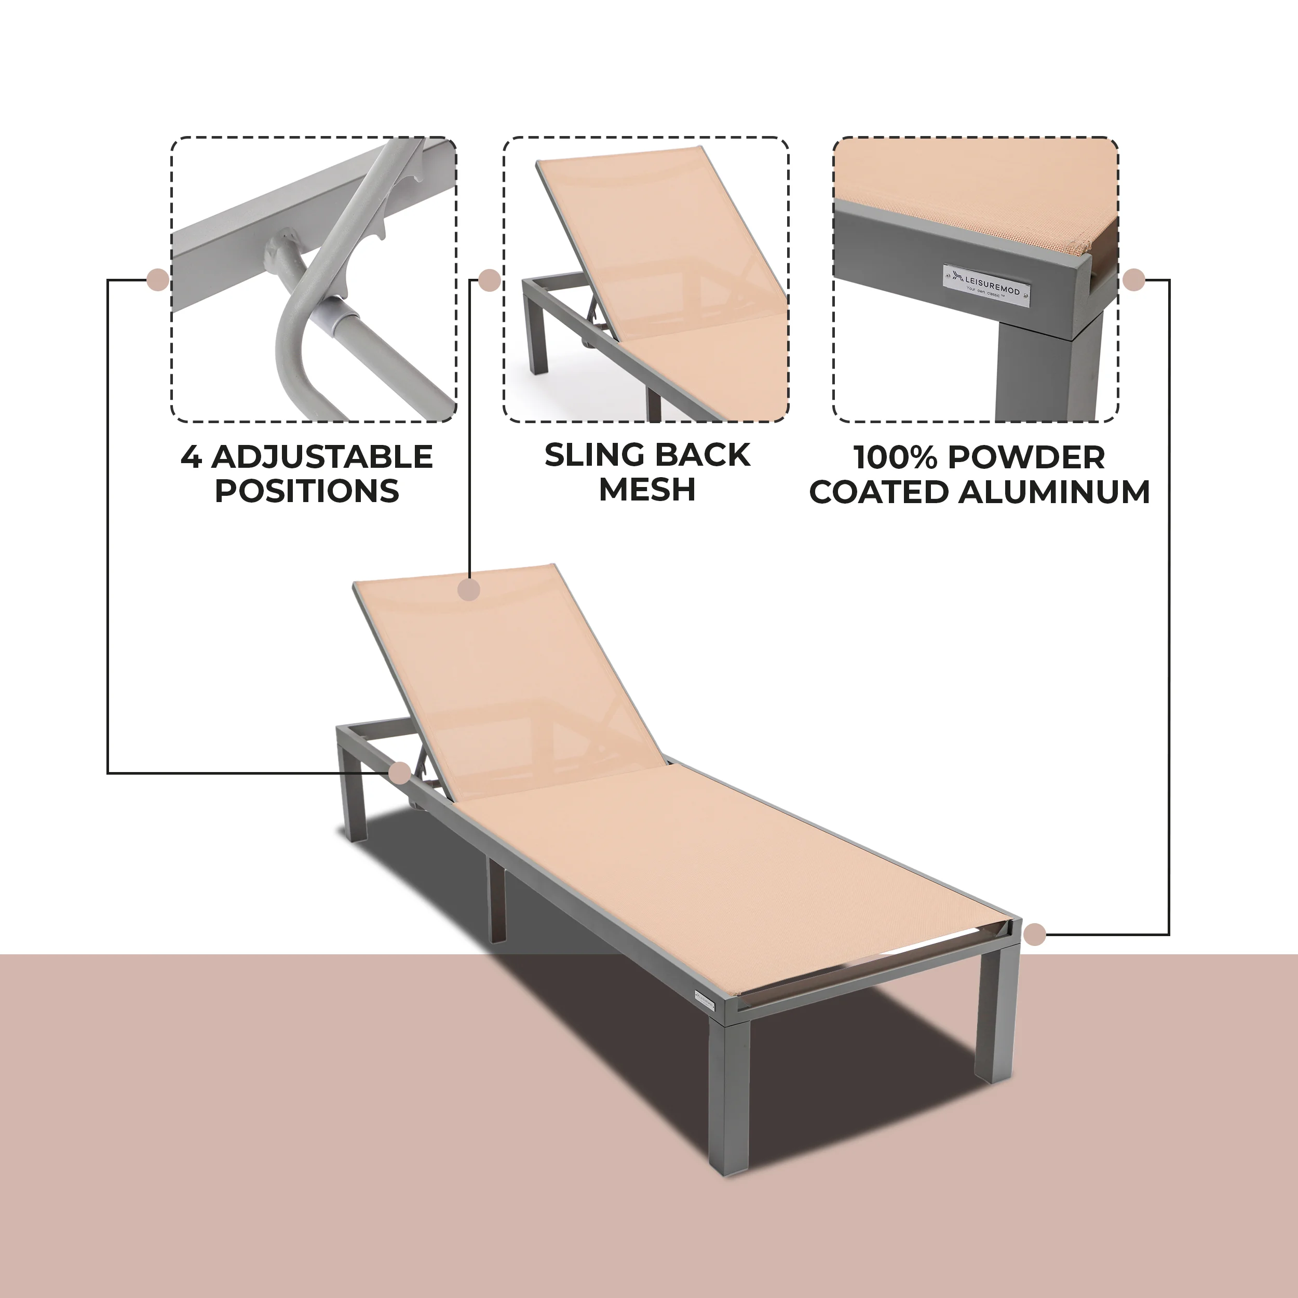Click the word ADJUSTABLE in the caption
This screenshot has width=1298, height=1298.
click(x=322, y=457)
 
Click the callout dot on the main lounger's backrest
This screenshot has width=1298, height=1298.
click(x=469, y=590)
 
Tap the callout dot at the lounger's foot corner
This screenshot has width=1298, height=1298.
click(x=1035, y=934)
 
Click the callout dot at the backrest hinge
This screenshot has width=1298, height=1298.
click(x=400, y=773)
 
